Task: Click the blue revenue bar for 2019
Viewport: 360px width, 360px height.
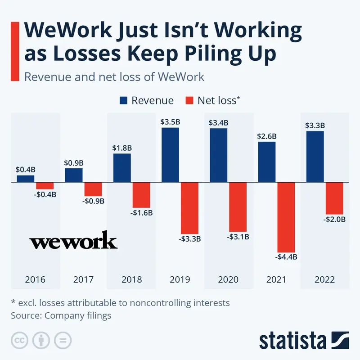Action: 170,155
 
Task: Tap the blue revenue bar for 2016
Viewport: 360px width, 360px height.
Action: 25,179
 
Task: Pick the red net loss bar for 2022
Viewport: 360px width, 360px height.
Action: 334,198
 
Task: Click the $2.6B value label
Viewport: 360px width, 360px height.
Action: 266,136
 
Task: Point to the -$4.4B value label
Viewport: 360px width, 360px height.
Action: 286,257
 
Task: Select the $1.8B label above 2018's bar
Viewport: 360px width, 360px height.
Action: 121,148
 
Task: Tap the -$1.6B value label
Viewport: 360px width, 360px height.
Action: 142,212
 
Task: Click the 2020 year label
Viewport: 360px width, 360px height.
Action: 228,279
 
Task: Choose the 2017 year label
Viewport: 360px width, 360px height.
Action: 83,279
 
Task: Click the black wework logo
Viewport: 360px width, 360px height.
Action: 73,241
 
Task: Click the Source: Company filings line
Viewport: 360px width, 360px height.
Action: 61,315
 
